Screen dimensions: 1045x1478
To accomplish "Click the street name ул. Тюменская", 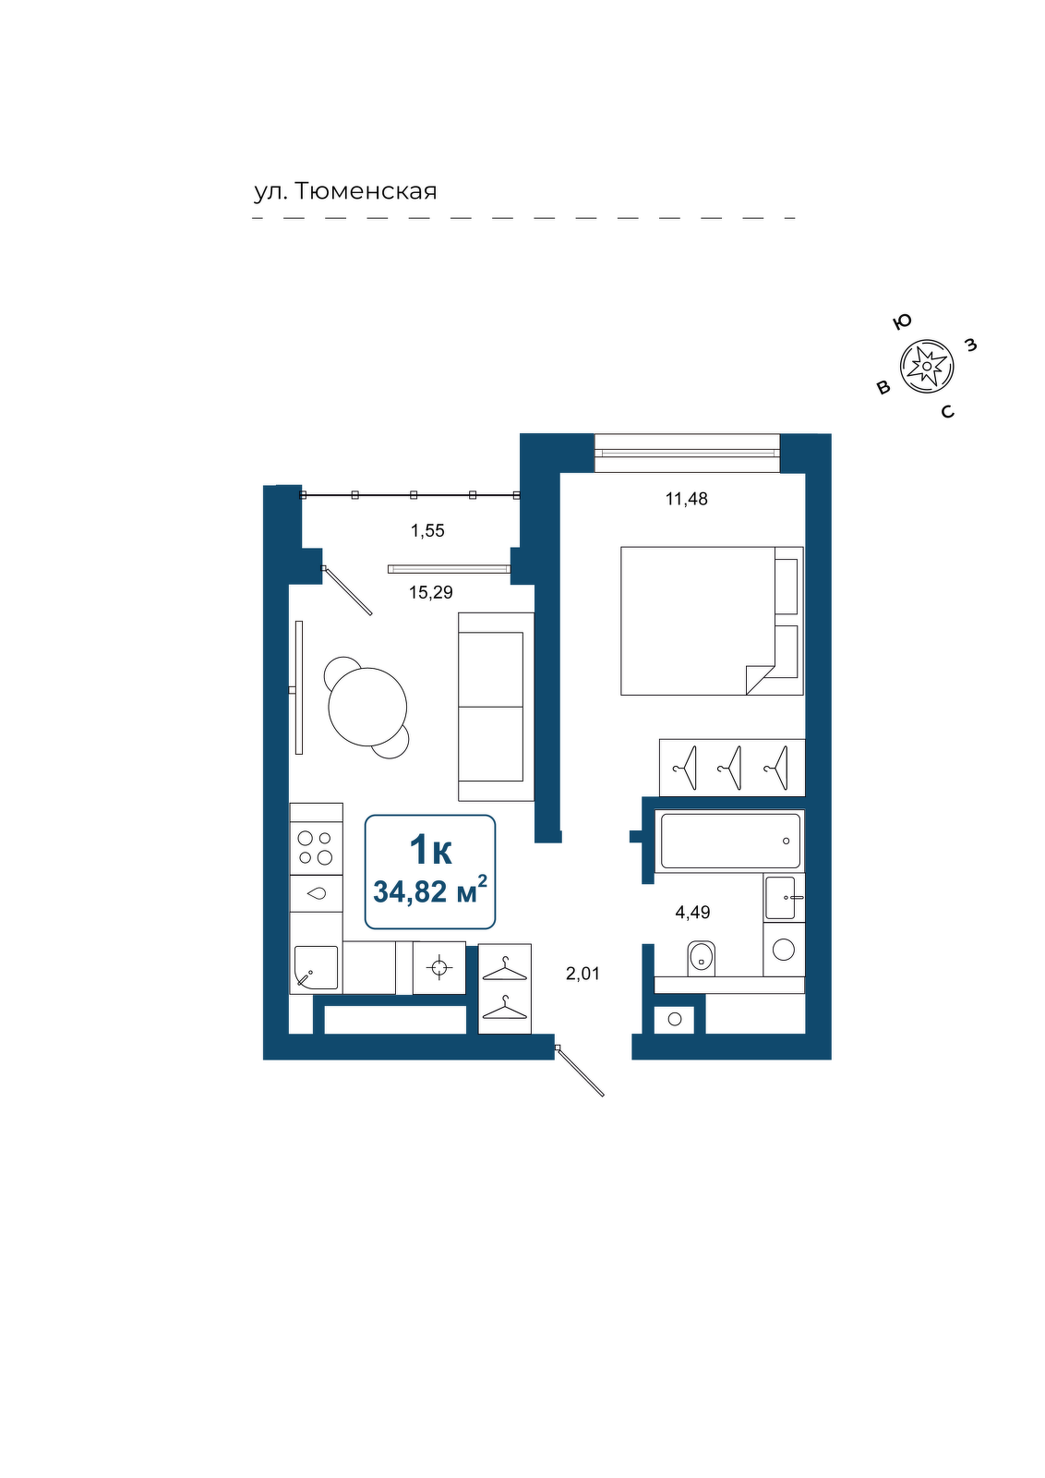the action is pyautogui.click(x=345, y=191).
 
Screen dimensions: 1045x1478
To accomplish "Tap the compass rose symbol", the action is pyautogui.click(x=927, y=366).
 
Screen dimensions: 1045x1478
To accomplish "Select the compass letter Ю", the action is pyautogui.click(x=902, y=322).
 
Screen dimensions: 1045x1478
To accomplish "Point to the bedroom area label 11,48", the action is pyautogui.click(x=686, y=499).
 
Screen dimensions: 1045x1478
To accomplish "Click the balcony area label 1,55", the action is pyautogui.click(x=428, y=530).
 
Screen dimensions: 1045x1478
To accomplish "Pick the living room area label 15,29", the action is pyautogui.click(x=431, y=592).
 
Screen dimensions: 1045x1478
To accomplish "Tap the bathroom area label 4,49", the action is pyautogui.click(x=692, y=913).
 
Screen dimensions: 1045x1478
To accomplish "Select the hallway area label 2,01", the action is pyautogui.click(x=583, y=974).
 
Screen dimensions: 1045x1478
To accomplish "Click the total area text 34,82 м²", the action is pyautogui.click(x=430, y=891).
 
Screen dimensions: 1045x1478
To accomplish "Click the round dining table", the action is pyautogui.click(x=367, y=707).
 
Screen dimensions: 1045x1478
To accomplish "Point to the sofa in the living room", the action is pyautogui.click(x=496, y=707).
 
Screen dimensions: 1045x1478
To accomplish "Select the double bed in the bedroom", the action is pyautogui.click(x=712, y=620).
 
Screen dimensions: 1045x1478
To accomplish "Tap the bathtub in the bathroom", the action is pyautogui.click(x=730, y=841).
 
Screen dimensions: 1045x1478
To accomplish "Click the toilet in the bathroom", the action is pyautogui.click(x=701, y=958).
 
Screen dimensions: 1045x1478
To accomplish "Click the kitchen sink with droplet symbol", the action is pyautogui.click(x=316, y=894).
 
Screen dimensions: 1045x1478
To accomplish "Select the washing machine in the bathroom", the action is pyautogui.click(x=784, y=950).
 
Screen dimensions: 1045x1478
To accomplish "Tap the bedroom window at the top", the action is pyautogui.click(x=687, y=453).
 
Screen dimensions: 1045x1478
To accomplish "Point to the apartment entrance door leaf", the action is pyautogui.click(x=580, y=1072).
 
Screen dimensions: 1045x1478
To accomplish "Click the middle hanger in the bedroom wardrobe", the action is pyautogui.click(x=730, y=768).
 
